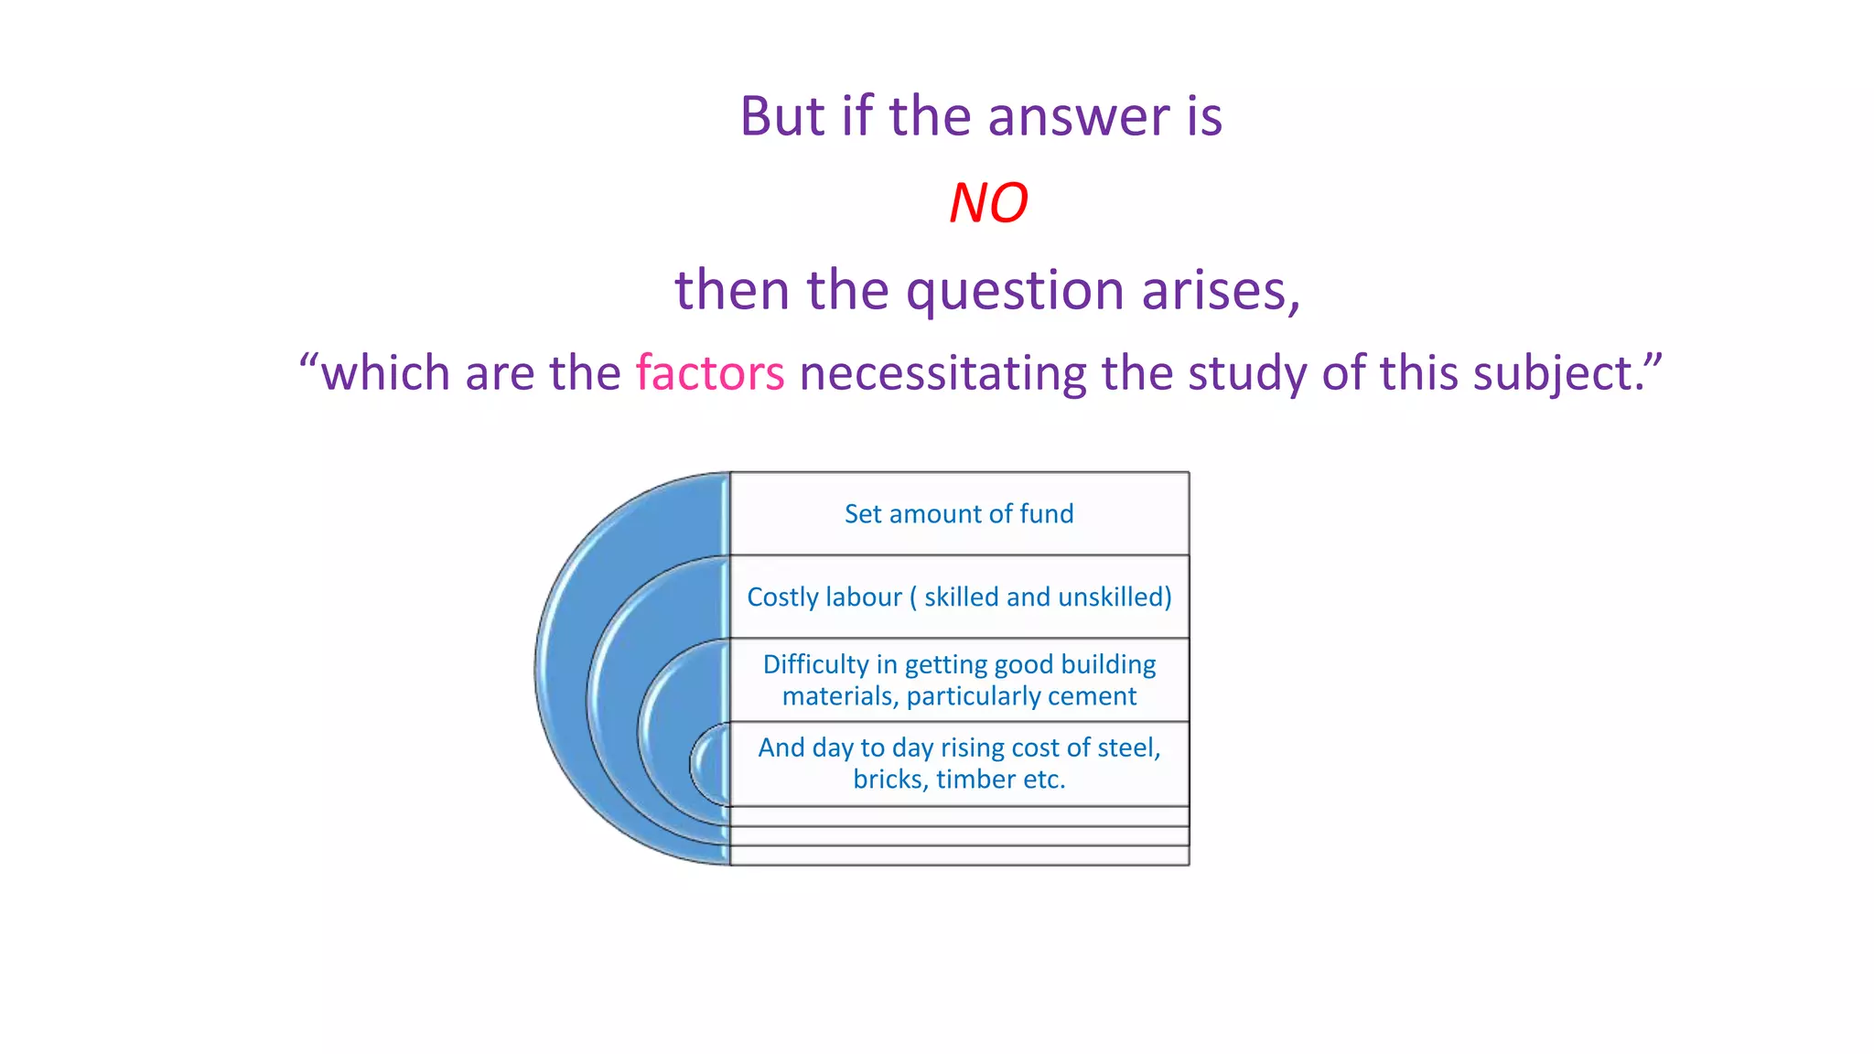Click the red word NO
988,203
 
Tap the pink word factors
710,373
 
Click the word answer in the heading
1079,117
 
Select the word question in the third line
1016,291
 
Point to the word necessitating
942,373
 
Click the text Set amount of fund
959,514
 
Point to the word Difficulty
815,664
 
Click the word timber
976,780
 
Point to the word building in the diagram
1108,664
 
